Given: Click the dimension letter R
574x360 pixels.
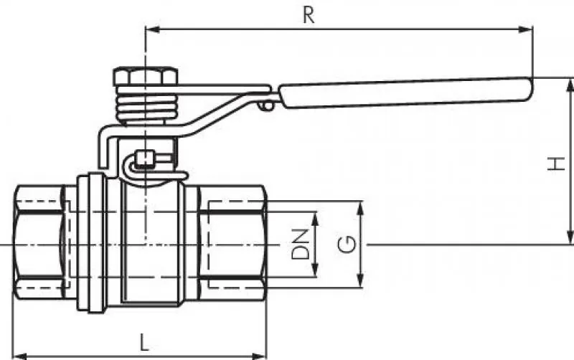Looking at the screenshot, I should [x=309, y=15].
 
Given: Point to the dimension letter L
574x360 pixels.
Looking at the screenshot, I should [x=144, y=342].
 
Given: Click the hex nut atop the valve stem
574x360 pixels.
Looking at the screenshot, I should [x=146, y=76].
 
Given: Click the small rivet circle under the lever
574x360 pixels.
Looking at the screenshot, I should [x=268, y=106].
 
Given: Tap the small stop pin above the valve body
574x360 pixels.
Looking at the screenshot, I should [x=146, y=157].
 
